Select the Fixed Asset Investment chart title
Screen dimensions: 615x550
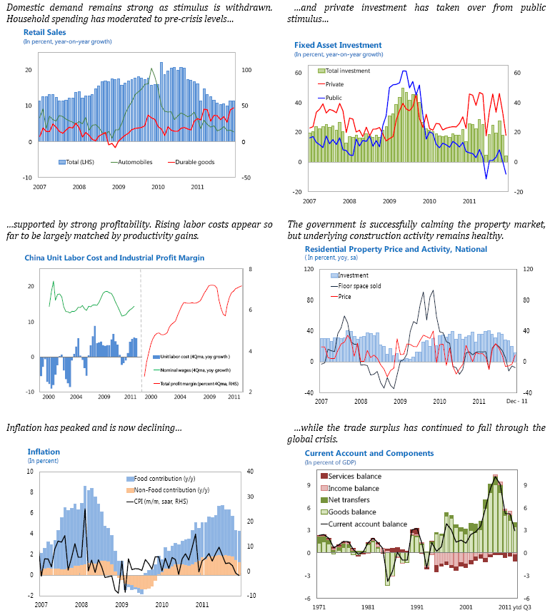[x=338, y=46]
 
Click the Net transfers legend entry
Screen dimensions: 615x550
[x=351, y=500]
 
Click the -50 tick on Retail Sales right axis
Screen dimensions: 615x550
[x=246, y=178]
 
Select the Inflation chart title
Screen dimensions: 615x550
[x=44, y=452]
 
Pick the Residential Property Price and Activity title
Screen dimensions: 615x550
[x=396, y=249]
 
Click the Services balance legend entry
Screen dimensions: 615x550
[x=354, y=477]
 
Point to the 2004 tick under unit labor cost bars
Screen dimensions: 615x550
[x=74, y=396]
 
